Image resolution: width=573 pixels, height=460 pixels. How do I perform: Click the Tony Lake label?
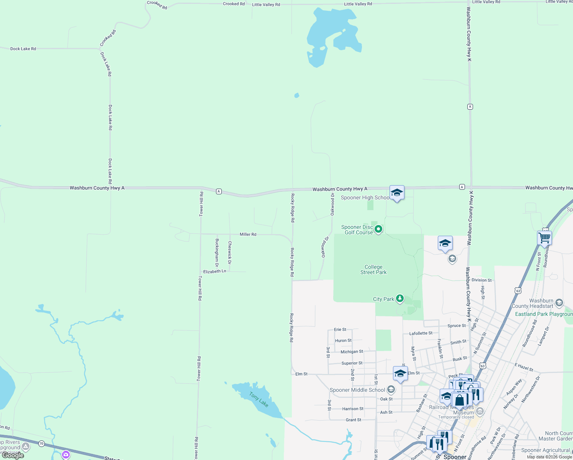(259, 399)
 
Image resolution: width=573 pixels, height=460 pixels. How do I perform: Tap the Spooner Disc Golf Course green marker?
(378, 229)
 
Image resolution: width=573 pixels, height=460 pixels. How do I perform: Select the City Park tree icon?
(400, 298)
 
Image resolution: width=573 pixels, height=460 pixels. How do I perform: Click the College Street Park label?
(373, 269)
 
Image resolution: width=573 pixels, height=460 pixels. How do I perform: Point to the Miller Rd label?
(248, 234)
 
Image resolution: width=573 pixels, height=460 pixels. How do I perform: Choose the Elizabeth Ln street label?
(214, 271)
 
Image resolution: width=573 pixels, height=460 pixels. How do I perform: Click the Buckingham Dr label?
(217, 253)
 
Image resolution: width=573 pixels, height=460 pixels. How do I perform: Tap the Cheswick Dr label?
(230, 253)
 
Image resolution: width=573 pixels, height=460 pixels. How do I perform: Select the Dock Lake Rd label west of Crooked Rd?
(23, 49)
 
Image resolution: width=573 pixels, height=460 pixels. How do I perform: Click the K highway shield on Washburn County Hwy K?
(470, 107)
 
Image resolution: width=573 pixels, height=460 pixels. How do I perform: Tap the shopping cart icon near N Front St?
(544, 238)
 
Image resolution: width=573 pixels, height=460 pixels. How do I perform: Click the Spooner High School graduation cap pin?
(397, 192)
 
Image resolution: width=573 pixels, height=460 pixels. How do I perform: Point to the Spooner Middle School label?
(357, 390)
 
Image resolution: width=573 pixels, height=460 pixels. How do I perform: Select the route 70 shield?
(41, 444)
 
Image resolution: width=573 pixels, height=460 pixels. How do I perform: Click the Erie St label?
(340, 329)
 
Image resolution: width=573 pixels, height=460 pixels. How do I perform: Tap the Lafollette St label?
(421, 333)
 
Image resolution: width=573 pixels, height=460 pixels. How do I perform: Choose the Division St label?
(481, 280)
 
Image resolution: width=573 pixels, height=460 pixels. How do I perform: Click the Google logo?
(13, 455)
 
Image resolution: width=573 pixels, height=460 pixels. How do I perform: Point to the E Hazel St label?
(524, 367)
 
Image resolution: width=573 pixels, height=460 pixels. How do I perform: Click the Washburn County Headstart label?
(532, 303)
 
